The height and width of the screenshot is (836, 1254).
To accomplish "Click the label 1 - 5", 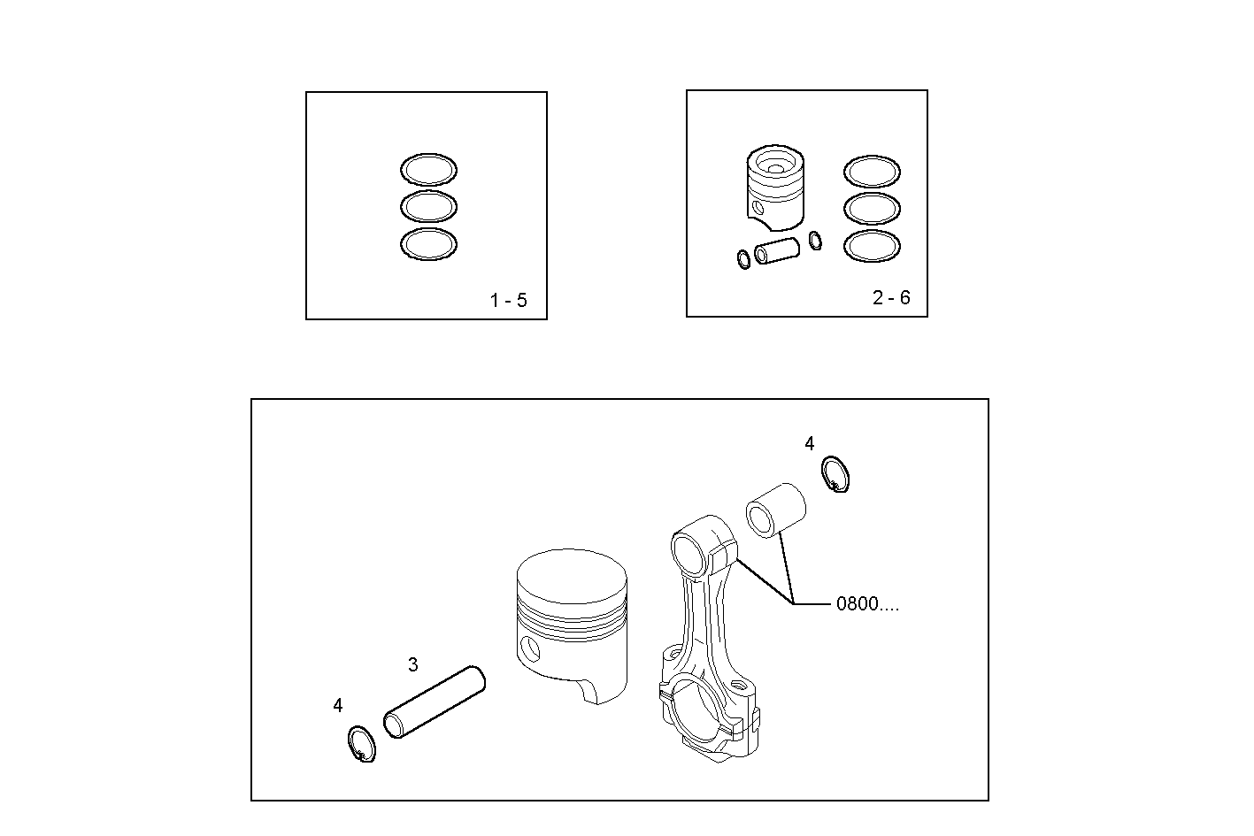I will (x=508, y=301).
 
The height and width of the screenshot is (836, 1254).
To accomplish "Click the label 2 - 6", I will (x=891, y=298).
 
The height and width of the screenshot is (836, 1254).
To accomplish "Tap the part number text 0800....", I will (x=866, y=604).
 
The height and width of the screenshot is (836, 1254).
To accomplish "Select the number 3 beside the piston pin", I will (x=413, y=664).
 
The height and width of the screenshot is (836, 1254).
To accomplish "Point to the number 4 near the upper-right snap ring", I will (x=810, y=444).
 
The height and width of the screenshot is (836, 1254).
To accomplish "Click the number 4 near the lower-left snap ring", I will (x=338, y=706).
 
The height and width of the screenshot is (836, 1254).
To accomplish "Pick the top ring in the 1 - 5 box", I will (x=429, y=170).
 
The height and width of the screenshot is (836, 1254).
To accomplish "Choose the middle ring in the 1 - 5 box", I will (x=429, y=207).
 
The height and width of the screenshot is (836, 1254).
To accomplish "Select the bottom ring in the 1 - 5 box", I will (x=429, y=244).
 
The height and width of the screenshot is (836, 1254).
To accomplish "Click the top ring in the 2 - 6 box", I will (x=872, y=172).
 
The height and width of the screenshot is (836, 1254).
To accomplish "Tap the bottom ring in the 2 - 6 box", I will (x=872, y=246).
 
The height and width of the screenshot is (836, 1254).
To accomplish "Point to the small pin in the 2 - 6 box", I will (x=777, y=251).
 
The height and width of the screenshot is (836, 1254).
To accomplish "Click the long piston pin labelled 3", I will (x=435, y=702).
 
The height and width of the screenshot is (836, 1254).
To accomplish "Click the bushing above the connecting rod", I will (x=776, y=510).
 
